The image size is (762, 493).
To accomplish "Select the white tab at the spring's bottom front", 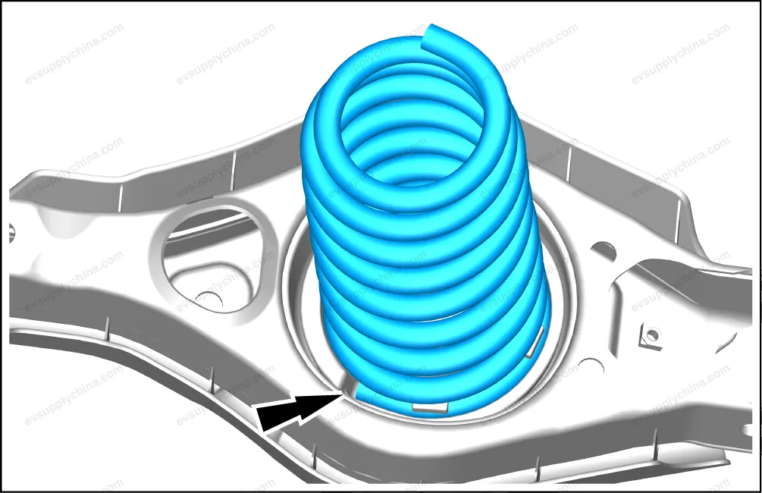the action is click(x=430, y=408).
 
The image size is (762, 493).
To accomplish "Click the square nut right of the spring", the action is click(x=651, y=335).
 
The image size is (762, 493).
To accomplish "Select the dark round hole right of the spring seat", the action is click(x=604, y=250).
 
